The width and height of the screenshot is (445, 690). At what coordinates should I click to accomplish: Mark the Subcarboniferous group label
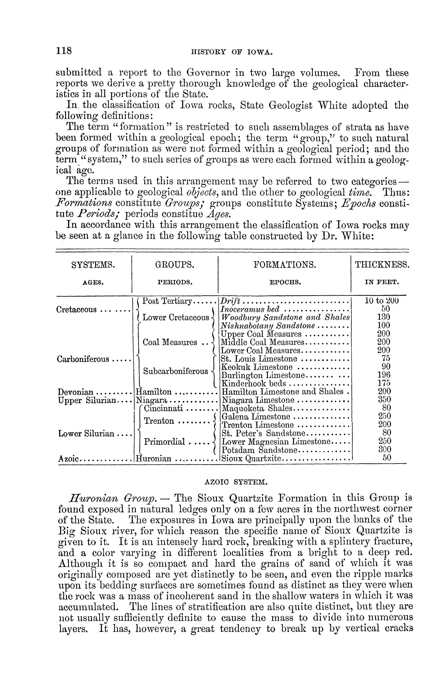pos(175,371)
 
